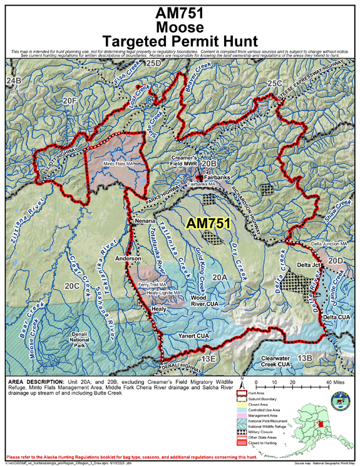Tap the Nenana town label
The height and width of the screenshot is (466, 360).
tap(143, 221)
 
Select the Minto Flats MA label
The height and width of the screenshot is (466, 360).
tap(118, 164)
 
